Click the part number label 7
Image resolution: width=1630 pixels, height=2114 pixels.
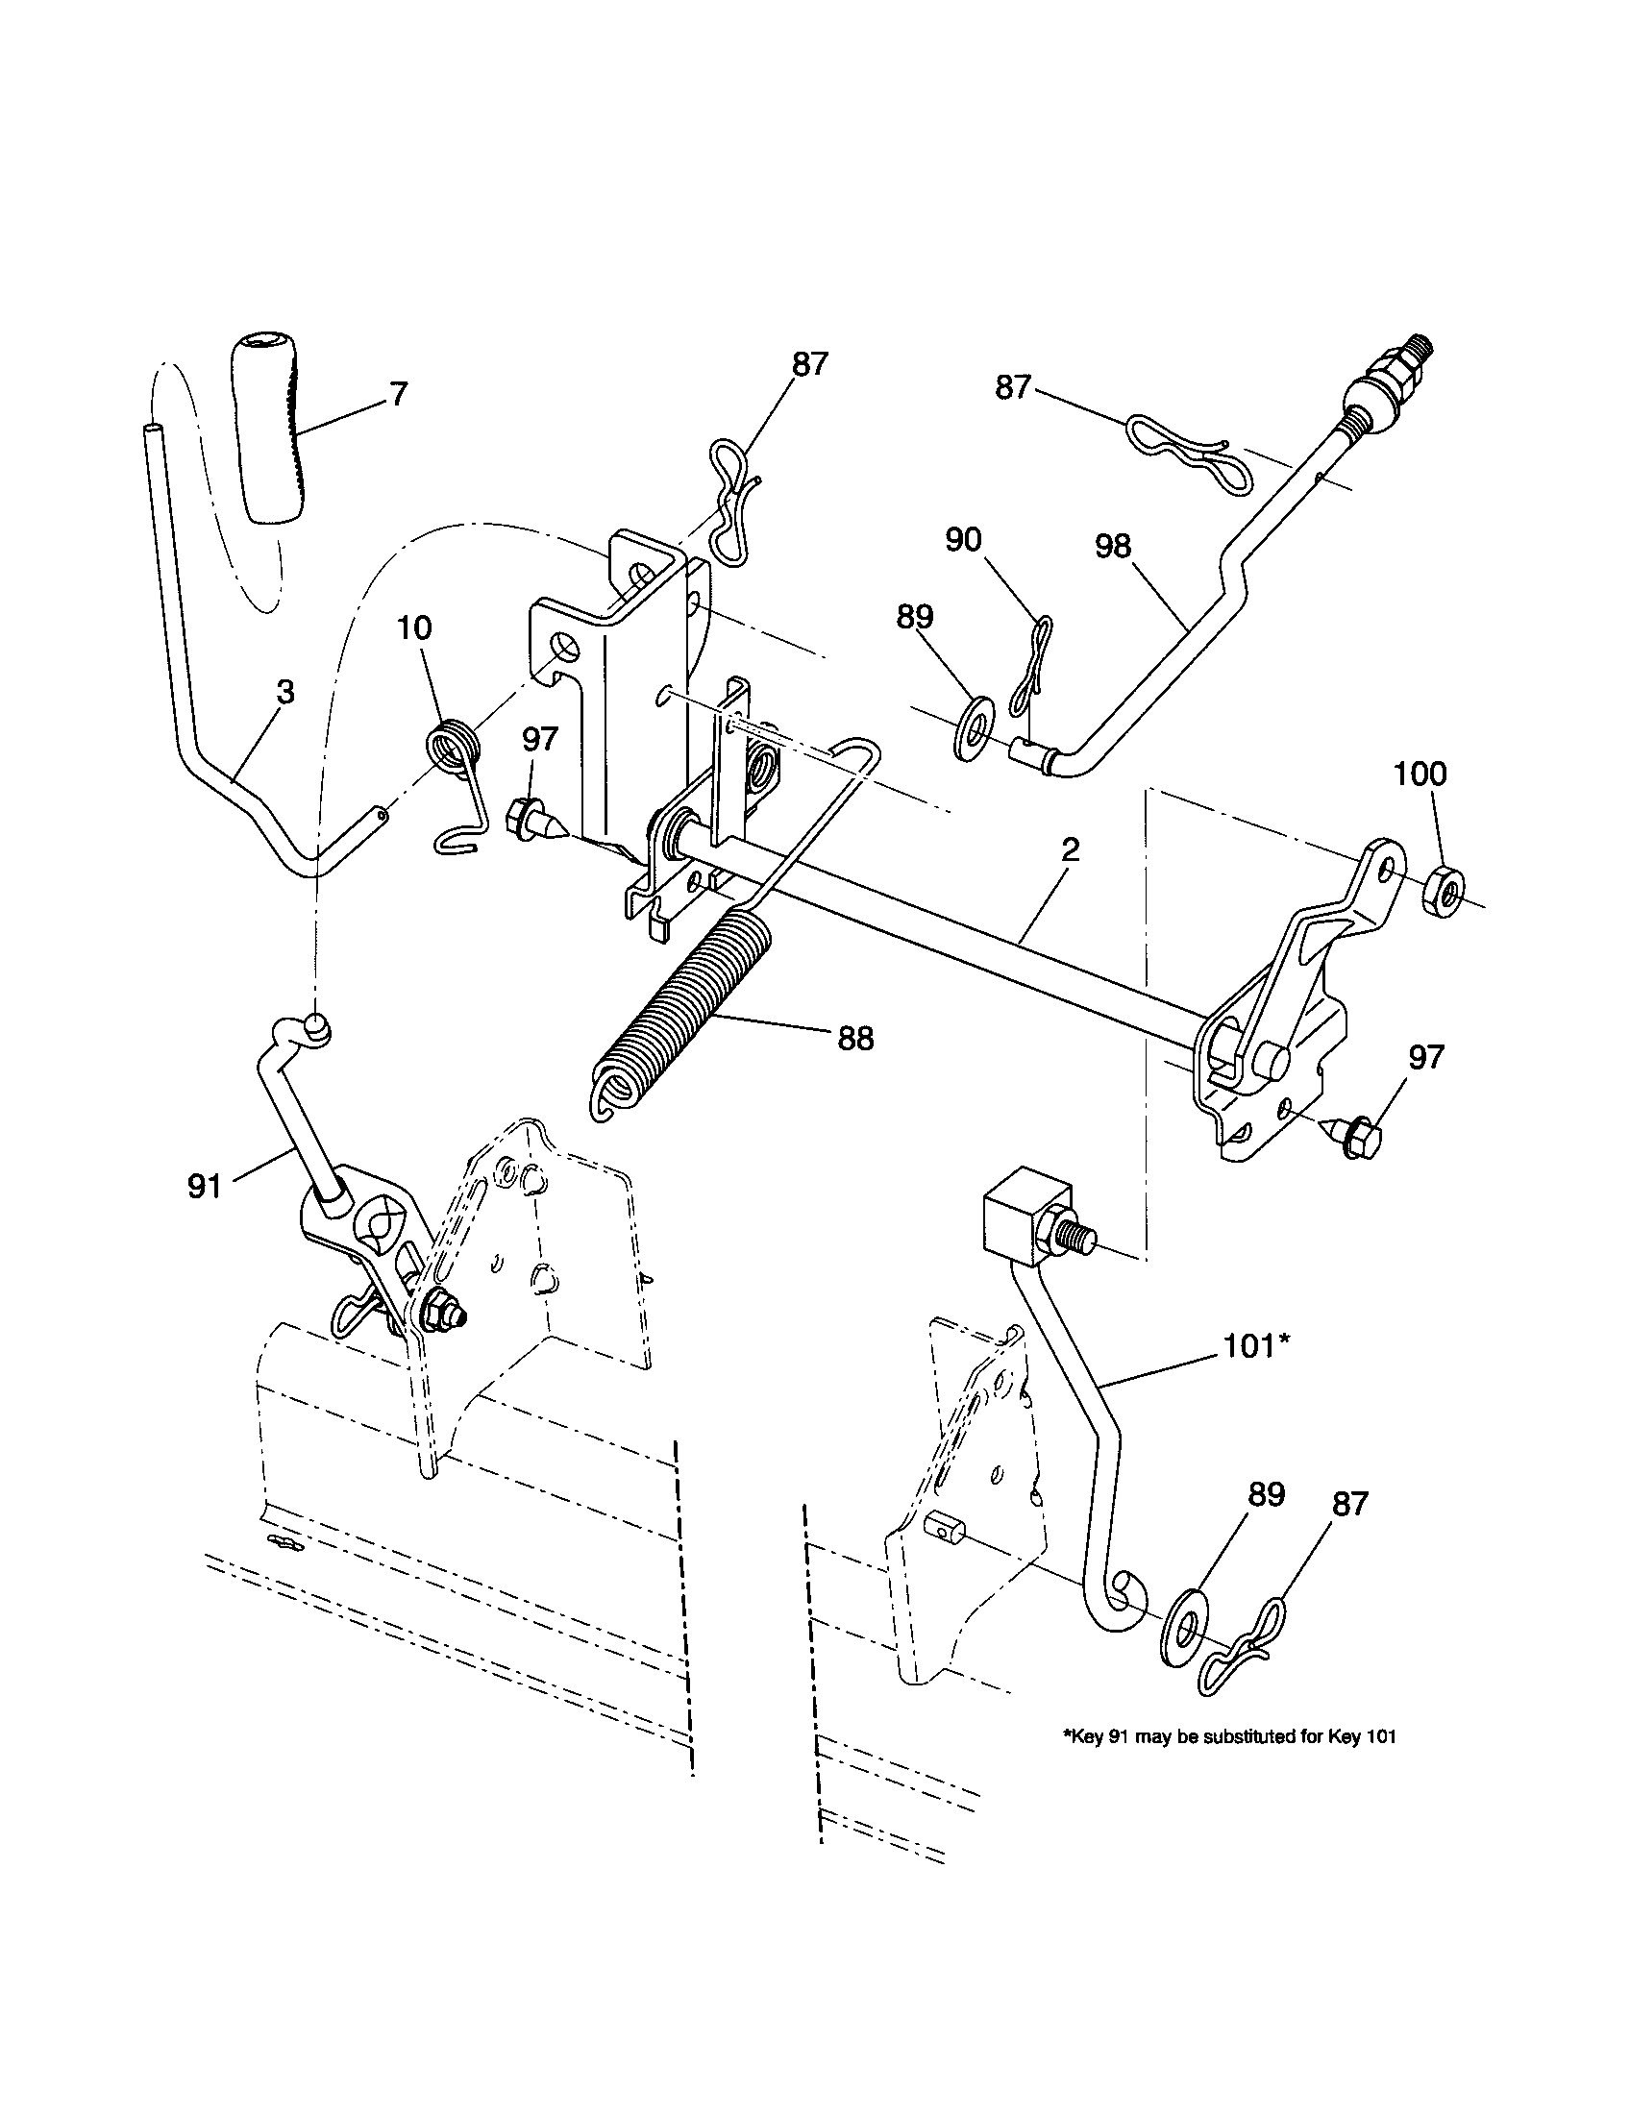point(399,395)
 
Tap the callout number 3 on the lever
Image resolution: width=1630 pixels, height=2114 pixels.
point(284,693)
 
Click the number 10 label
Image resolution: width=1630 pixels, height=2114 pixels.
point(414,628)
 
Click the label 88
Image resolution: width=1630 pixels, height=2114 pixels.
point(852,1040)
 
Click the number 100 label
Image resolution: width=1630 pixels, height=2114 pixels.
point(1420,774)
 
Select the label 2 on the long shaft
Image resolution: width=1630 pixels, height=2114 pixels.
point(1070,850)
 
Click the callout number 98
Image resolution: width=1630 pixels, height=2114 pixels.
point(1113,547)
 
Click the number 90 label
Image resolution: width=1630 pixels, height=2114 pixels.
point(963,540)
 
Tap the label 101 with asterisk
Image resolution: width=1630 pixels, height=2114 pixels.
point(1257,1346)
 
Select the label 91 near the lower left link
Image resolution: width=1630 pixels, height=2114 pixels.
point(205,1186)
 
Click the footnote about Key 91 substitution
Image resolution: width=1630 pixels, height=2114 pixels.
point(1229,1736)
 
